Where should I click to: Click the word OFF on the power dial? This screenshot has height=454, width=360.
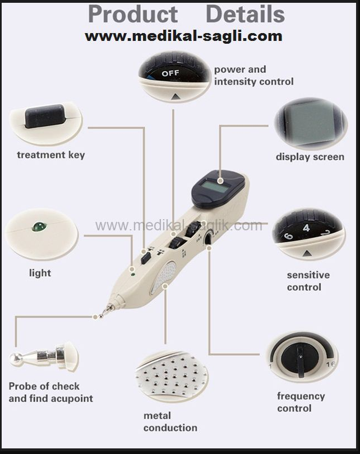170,73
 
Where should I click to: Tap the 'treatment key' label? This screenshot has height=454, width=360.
51,155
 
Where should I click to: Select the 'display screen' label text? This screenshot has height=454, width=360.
310,157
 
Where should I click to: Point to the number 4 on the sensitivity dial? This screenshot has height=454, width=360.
306,228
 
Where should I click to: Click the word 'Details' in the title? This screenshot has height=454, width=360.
245,14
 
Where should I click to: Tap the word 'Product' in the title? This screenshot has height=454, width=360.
133,14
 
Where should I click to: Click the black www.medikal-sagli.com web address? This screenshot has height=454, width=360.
183,36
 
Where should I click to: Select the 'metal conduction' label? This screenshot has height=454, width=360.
170,421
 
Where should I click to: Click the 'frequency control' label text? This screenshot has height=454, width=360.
301,402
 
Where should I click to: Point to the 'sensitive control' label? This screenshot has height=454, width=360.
308,281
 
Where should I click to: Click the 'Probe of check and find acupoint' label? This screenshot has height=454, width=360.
50,392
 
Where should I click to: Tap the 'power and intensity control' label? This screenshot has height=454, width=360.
253,76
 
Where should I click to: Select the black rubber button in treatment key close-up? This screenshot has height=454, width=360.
45,116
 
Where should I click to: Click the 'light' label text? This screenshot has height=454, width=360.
40,273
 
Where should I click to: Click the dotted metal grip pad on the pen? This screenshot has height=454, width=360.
164,277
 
